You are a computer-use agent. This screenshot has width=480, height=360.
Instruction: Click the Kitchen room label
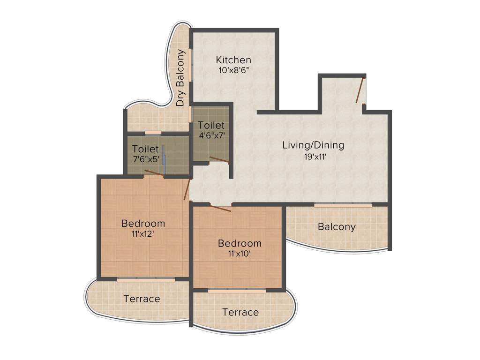pyautogui.click(x=233, y=60)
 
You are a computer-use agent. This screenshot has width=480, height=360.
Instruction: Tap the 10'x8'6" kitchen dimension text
pyautogui.click(x=233, y=70)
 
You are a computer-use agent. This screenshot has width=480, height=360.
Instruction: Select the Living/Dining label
pyautogui.click(x=313, y=145)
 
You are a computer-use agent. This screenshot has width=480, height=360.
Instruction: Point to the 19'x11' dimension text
pyautogui.click(x=314, y=157)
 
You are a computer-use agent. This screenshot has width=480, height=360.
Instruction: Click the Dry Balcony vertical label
pyautogui.click(x=180, y=78)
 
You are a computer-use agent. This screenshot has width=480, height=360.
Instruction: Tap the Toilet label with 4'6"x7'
pyautogui.click(x=211, y=126)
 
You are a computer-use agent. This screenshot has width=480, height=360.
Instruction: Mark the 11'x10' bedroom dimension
pyautogui.click(x=240, y=254)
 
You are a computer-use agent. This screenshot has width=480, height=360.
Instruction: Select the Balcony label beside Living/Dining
pyautogui.click(x=337, y=227)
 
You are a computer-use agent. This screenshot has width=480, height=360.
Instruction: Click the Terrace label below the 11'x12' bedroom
pyautogui.click(x=142, y=299)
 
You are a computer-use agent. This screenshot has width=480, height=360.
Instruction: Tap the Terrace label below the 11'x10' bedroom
pyautogui.click(x=240, y=312)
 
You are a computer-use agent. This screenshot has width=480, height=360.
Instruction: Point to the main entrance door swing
pyautogui.click(x=360, y=90)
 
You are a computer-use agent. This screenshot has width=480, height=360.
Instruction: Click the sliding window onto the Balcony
pyautogui.click(x=343, y=205)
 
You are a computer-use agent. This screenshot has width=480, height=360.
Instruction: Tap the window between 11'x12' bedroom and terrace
pyautogui.click(x=146, y=280)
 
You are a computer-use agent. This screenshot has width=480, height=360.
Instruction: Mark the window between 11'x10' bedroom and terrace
pyautogui.click(x=237, y=291)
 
